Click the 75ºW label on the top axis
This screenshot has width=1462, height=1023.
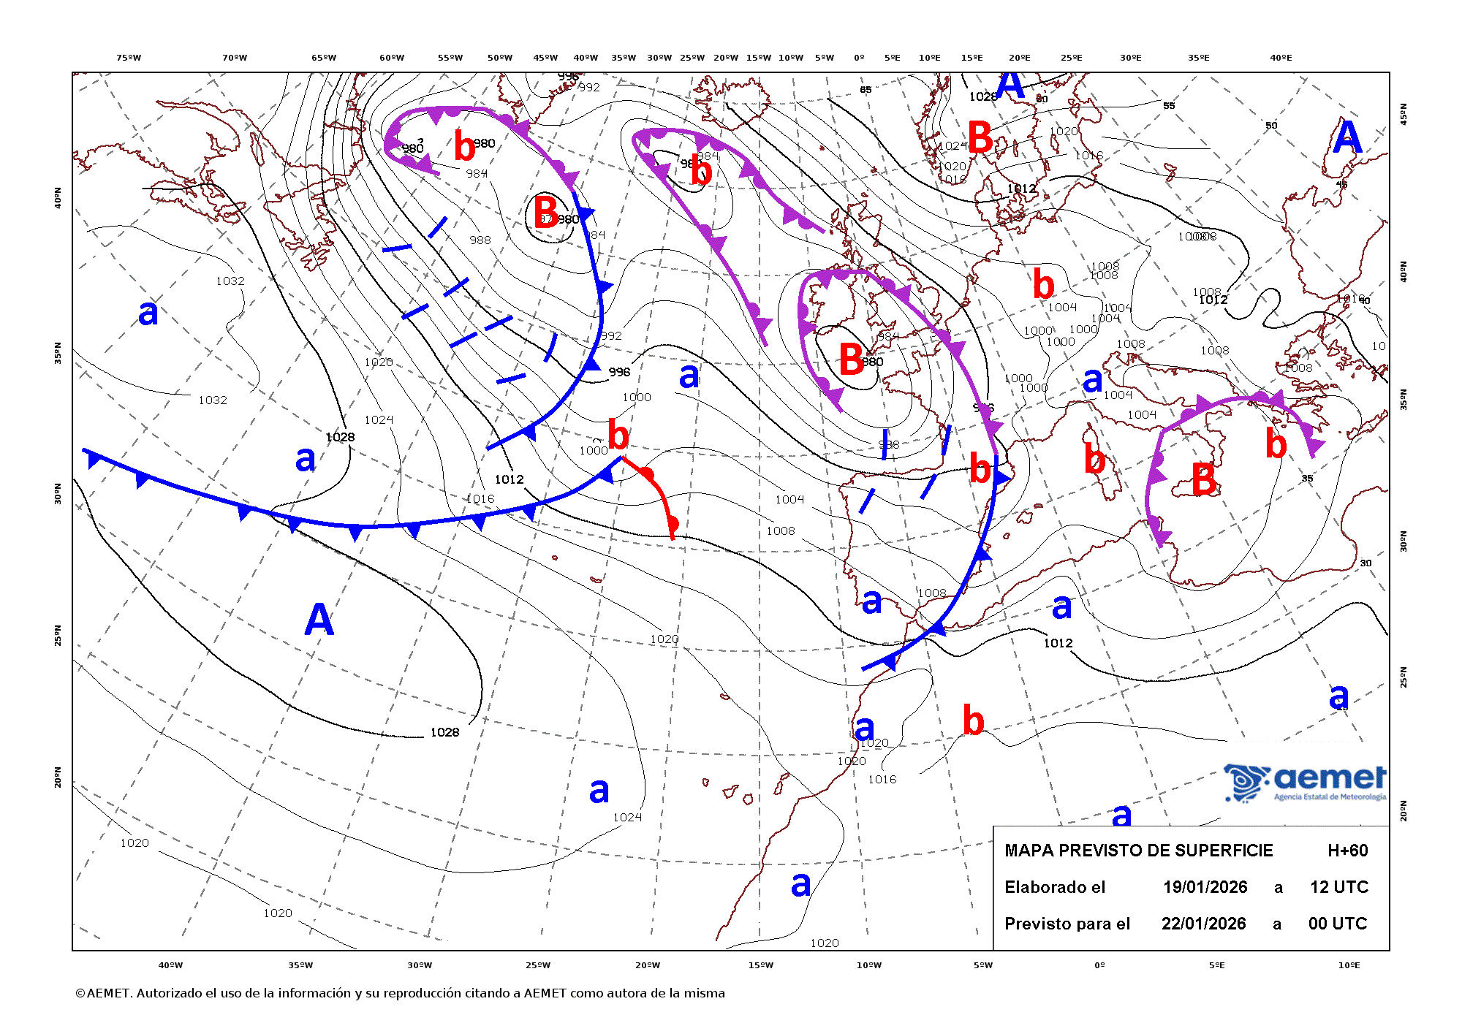click(129, 58)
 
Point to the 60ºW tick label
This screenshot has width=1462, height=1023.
click(392, 58)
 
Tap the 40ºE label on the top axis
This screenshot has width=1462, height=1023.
click(1281, 58)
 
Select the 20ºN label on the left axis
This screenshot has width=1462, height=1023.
click(58, 777)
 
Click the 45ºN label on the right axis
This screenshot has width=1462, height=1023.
click(1403, 114)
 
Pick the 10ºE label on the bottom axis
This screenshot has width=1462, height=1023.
click(1349, 965)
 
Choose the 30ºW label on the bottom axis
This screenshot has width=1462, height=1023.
click(420, 965)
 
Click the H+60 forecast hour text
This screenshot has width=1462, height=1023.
click(1347, 851)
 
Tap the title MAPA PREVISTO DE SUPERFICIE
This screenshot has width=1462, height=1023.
click(1138, 851)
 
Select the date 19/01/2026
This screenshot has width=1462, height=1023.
click(1205, 887)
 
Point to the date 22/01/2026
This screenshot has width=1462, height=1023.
click(1203, 924)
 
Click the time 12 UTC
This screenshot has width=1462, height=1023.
click(1338, 887)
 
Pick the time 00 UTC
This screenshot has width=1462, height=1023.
click(1337, 924)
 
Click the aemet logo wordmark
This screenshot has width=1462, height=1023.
click(1330, 777)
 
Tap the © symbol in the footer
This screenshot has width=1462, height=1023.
click(80, 993)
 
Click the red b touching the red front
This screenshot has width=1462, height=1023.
click(618, 436)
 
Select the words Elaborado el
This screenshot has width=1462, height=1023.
click(1054, 887)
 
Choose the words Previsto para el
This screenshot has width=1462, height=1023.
click(1067, 924)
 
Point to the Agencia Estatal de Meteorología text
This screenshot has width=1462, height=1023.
click(1330, 796)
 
